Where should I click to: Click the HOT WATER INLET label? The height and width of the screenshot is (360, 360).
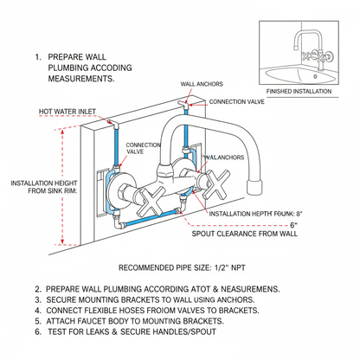[67, 112]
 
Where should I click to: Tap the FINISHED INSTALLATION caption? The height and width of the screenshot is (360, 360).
[299, 92]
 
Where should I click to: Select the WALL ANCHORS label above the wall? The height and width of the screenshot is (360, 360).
[202, 84]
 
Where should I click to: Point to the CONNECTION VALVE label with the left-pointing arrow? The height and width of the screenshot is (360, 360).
[236, 102]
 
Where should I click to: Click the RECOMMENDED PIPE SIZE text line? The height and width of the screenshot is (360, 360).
[182, 267]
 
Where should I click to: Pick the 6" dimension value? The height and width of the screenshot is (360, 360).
[293, 225]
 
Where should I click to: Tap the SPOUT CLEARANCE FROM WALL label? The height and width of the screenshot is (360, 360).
[245, 234]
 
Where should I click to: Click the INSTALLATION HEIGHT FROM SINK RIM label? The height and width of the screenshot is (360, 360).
[44, 187]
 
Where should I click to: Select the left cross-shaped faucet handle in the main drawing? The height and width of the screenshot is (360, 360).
[151, 202]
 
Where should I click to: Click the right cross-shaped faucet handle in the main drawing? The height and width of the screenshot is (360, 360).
[216, 184]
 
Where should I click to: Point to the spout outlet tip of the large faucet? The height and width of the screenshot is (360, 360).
[255, 188]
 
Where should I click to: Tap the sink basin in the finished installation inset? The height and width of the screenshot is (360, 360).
[300, 75]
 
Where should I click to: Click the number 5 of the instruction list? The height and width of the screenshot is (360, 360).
[38, 321]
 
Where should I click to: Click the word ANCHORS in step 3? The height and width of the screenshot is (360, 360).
[235, 299]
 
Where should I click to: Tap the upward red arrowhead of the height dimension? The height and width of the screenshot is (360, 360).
[62, 132]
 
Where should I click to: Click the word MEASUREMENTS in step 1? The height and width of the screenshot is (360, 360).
[81, 79]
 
